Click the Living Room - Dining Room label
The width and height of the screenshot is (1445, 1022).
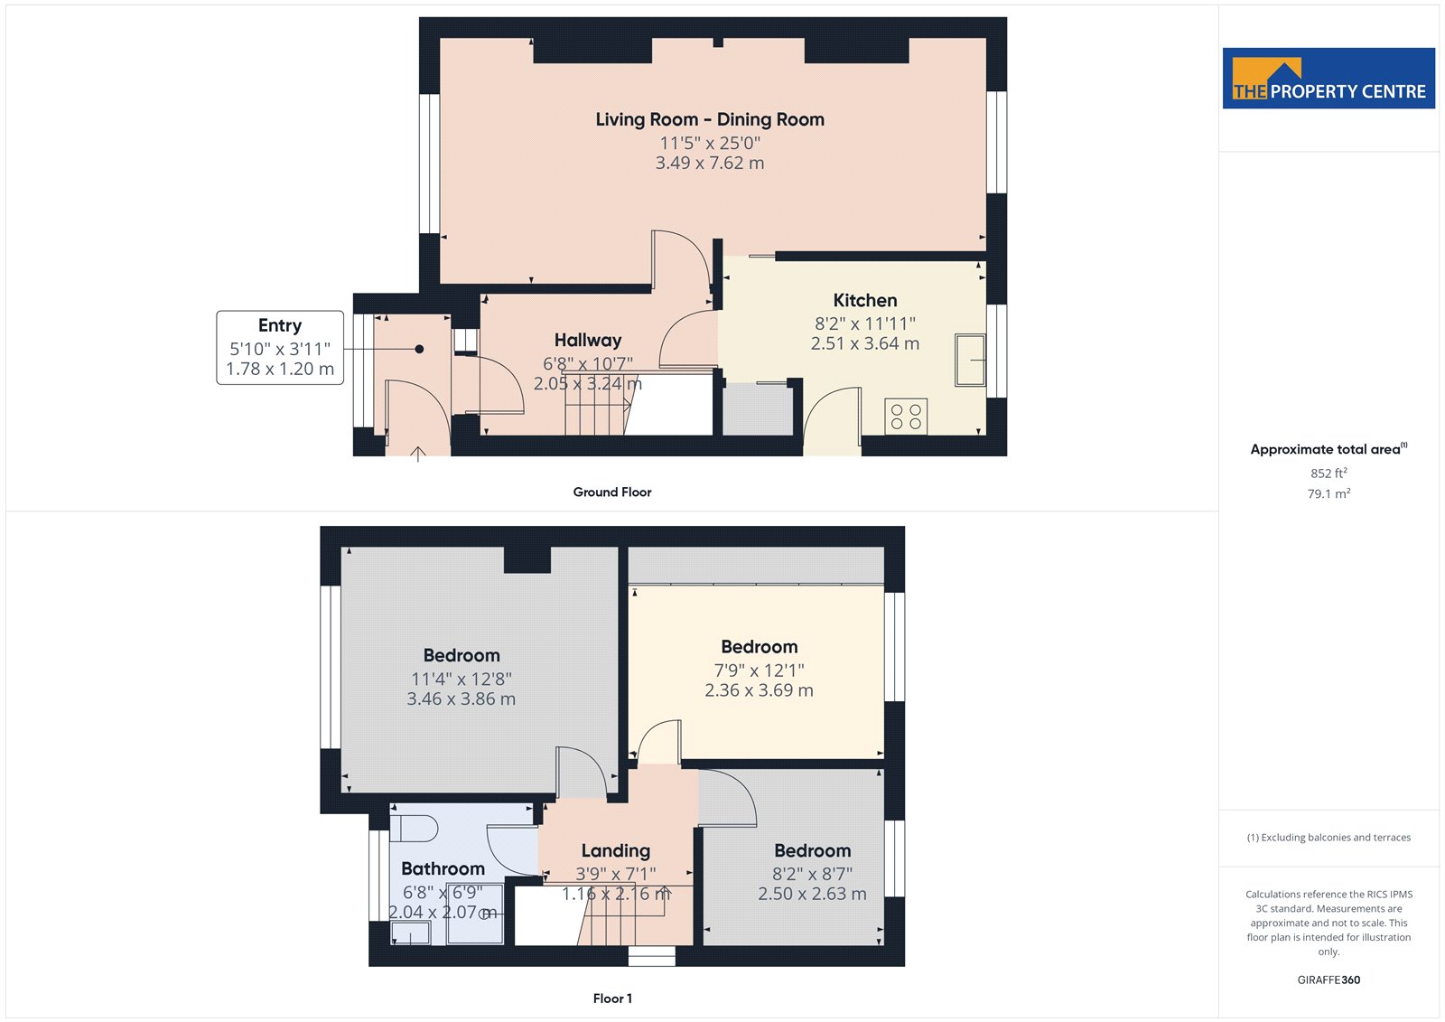click(710, 119)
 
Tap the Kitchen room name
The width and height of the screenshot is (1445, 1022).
click(865, 300)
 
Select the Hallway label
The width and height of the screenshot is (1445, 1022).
click(588, 341)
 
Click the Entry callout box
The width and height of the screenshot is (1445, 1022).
click(280, 347)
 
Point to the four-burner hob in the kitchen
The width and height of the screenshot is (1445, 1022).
click(906, 417)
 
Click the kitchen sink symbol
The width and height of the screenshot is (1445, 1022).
click(970, 360)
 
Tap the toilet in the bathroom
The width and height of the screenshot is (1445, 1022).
click(414, 829)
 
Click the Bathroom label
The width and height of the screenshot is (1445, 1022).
click(443, 869)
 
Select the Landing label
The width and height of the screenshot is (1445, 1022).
click(615, 851)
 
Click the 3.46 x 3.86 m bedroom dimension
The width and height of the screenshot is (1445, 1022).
click(461, 699)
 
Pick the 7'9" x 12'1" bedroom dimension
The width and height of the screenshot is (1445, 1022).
click(760, 670)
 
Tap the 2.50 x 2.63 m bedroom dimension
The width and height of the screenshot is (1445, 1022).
click(812, 895)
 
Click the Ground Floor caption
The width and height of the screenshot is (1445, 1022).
click(612, 492)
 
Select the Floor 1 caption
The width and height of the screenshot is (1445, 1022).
click(612, 999)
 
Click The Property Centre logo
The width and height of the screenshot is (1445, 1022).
click(1328, 78)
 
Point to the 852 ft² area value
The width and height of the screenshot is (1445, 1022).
click(1328, 473)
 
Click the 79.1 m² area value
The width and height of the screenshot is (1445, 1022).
click(1328, 494)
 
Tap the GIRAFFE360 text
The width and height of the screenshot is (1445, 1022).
click(1328, 980)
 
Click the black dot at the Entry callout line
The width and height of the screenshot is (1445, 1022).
click(419, 350)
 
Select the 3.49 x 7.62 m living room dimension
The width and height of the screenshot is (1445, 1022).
click(710, 163)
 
